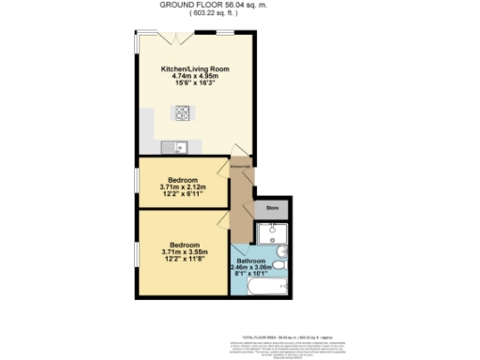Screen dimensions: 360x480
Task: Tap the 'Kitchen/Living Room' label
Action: (x=194, y=69)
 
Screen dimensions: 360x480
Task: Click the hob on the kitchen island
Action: (x=181, y=114)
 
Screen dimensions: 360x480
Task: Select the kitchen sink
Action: (x=174, y=146)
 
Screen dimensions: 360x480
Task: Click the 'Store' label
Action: (x=273, y=206)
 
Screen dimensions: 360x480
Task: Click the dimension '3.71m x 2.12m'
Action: (x=183, y=187)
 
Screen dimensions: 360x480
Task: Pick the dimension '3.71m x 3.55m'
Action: (x=183, y=252)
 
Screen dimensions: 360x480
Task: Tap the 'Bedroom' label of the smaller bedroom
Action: (x=183, y=180)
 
